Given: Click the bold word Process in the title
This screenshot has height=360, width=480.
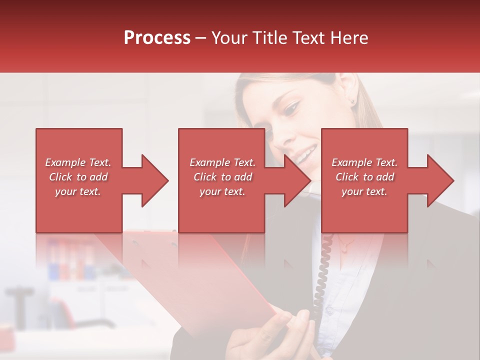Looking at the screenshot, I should tap(157, 38).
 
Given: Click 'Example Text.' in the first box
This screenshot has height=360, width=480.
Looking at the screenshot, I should tap(78, 162).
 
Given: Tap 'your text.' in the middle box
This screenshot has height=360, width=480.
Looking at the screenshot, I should tap(222, 191).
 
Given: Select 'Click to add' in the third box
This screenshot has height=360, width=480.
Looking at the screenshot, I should tap(365, 177).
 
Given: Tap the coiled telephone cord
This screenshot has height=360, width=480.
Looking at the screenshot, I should tap(322, 270).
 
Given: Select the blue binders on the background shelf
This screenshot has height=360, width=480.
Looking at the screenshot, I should tap(70, 260).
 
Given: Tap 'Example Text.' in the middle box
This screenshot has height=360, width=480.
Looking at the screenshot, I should tap(222, 162).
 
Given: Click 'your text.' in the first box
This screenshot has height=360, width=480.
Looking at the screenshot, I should tap(78, 191).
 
